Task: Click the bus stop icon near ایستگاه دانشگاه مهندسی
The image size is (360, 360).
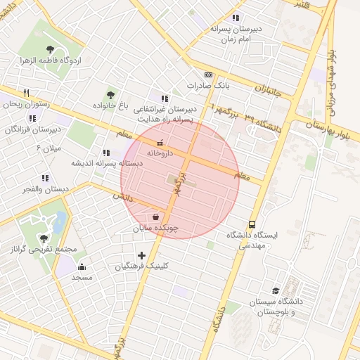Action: [x=252, y=224]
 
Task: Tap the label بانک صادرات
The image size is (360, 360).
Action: [x=209, y=86]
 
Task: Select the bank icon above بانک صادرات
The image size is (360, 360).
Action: [x=208, y=75]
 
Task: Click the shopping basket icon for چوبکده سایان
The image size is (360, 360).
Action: [x=155, y=217]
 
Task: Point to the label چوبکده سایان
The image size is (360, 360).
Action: [x=156, y=229]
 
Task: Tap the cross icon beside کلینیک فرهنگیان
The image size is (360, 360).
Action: [x=141, y=255]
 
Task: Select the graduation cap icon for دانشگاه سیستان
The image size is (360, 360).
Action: [x=276, y=290]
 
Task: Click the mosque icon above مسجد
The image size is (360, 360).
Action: [x=82, y=266]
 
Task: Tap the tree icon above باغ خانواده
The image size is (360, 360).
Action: [x=110, y=94]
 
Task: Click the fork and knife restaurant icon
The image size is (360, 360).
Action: [x=26, y=92]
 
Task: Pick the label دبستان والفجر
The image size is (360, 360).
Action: [x=46, y=189]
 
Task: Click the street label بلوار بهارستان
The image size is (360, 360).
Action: [x=328, y=127]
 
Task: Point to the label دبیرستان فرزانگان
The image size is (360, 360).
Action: [x=32, y=129]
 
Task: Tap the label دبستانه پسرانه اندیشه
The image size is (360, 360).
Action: [x=105, y=163]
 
